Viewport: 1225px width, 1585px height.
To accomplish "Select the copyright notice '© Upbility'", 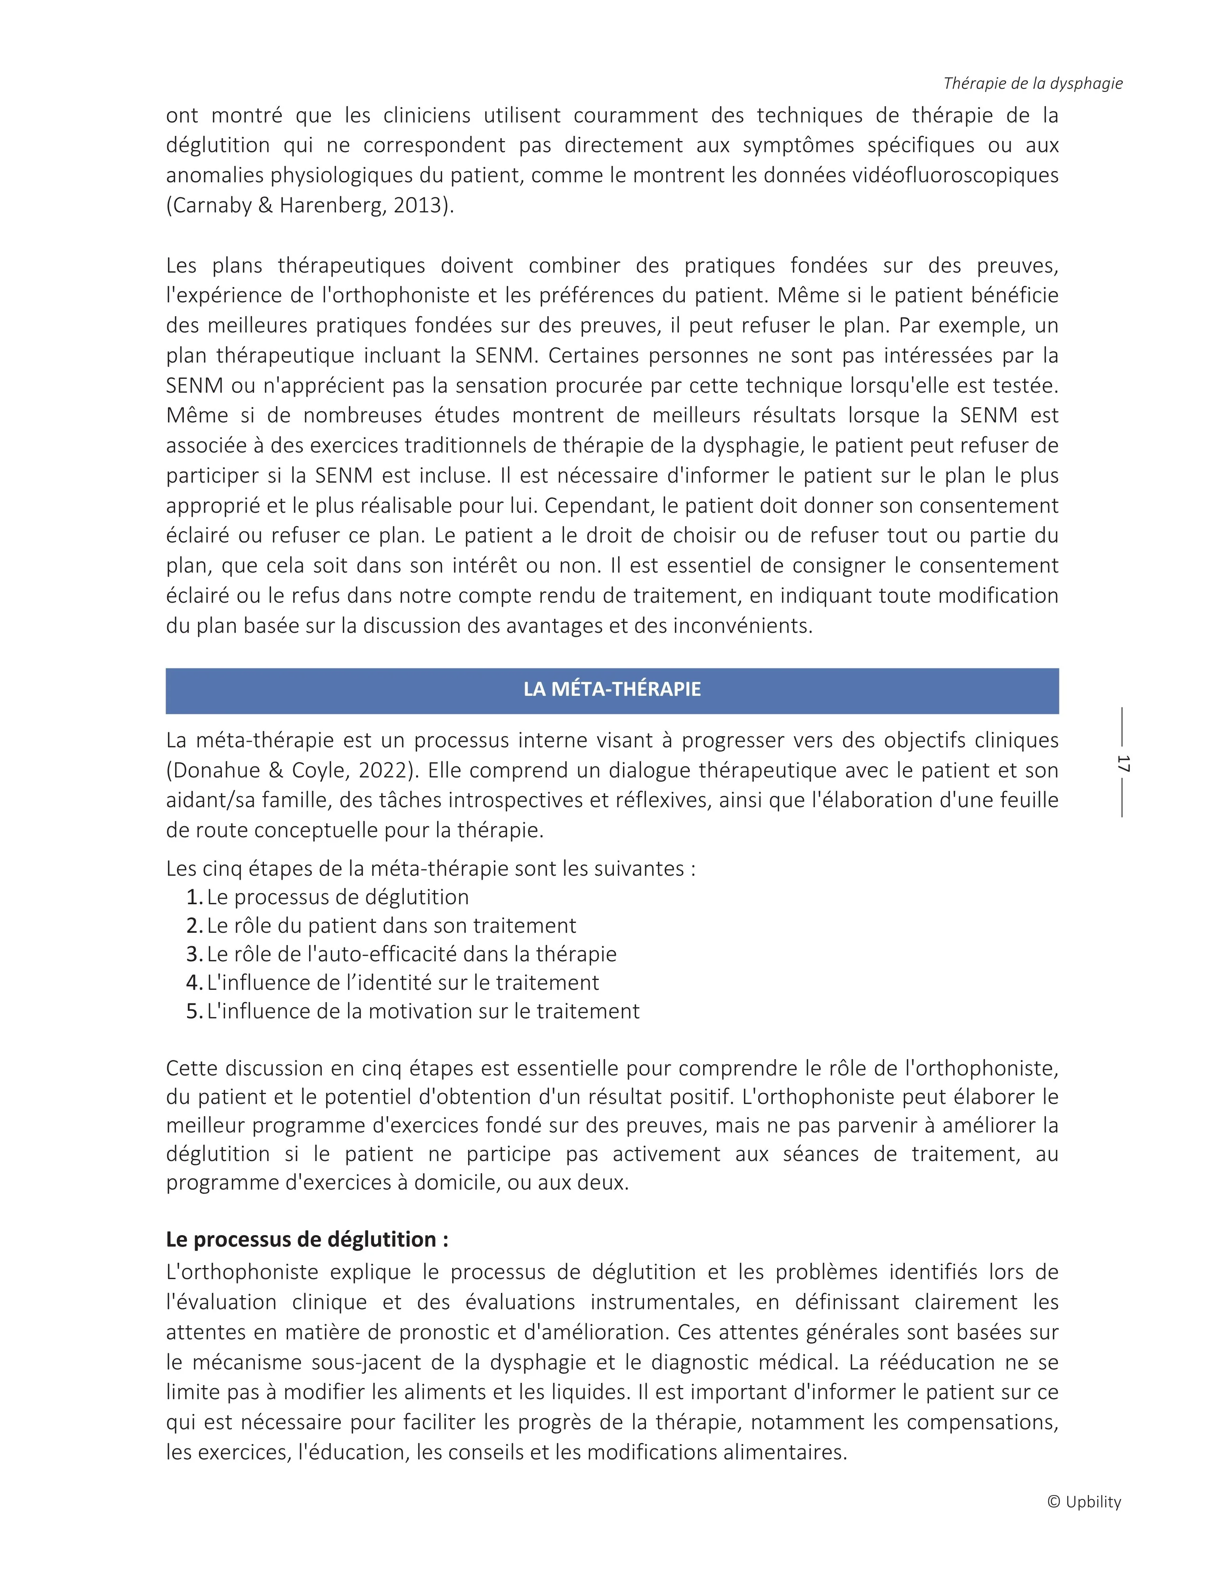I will pos(1084,1501).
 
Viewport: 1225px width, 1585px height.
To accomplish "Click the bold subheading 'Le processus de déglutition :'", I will pos(307,1239).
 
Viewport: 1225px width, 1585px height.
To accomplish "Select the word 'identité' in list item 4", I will pos(410,983).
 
